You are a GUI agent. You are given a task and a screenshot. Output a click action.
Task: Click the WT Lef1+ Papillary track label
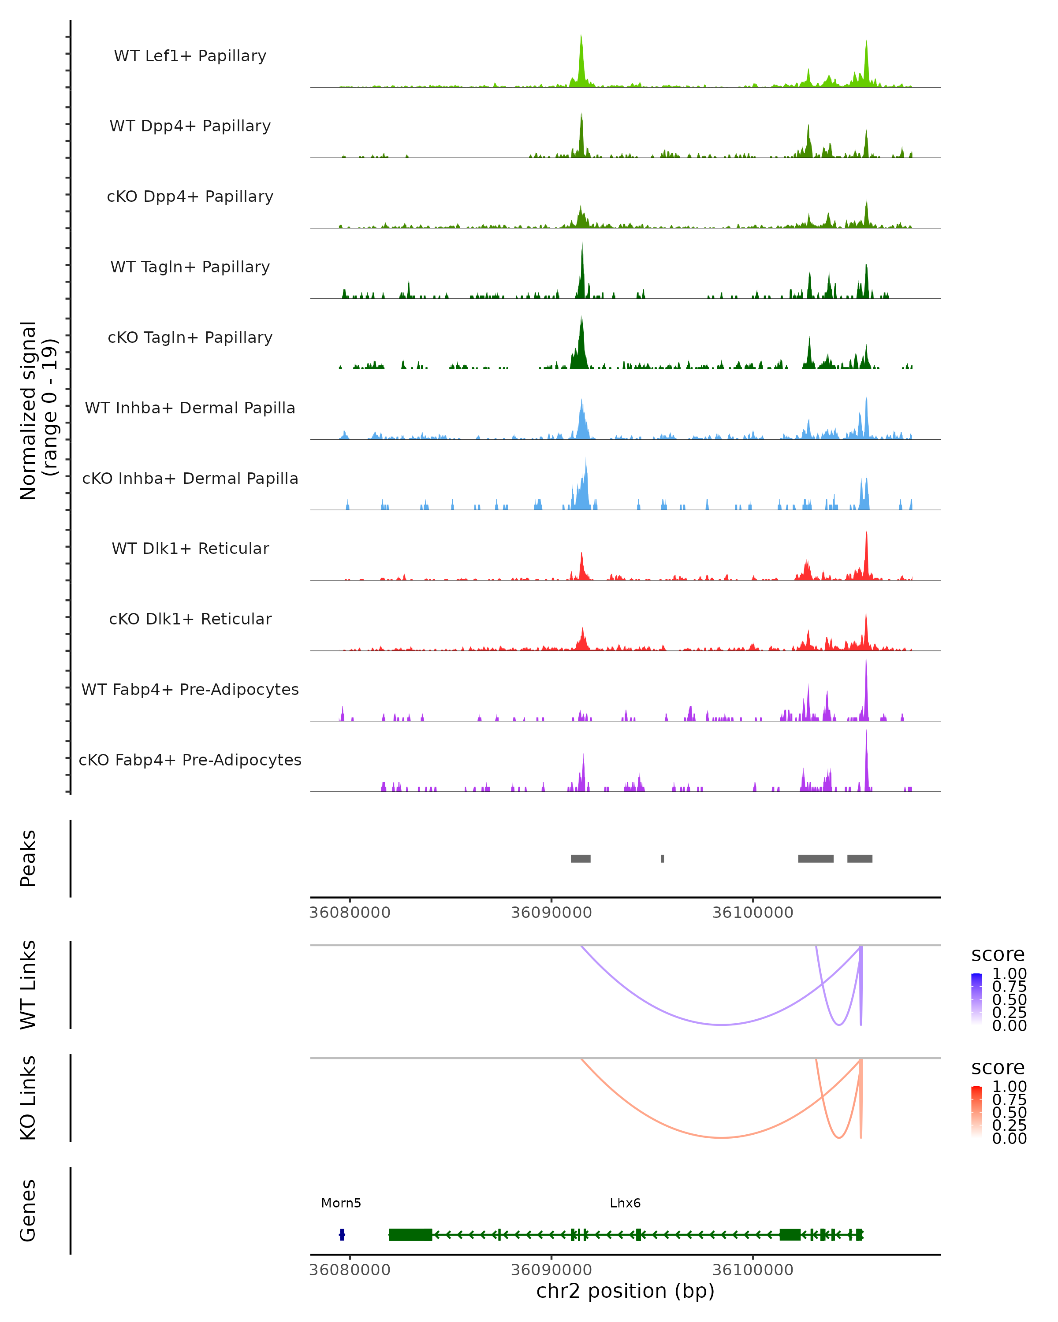[x=190, y=56]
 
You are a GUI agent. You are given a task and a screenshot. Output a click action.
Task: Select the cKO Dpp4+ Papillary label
[x=190, y=196]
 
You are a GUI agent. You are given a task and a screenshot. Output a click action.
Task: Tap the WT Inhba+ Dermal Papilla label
[x=190, y=408]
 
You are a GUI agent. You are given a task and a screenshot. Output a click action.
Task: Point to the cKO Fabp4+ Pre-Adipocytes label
[x=190, y=760]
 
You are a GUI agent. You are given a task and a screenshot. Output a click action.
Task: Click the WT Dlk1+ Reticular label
[x=190, y=548]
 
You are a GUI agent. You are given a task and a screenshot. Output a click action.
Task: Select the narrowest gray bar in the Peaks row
[x=663, y=858]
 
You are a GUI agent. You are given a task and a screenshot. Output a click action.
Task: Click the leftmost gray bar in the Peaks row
[x=580, y=858]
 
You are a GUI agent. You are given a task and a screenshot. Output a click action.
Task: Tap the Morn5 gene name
[x=341, y=1203]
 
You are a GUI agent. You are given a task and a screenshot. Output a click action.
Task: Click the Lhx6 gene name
[x=625, y=1203]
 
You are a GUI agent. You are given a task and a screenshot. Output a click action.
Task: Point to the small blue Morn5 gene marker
[x=342, y=1235]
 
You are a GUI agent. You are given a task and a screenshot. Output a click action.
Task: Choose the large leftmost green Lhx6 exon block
[x=410, y=1235]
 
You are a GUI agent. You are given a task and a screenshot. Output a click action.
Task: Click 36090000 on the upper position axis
[x=551, y=913]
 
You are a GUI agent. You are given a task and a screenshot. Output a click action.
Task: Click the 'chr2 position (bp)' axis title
[x=625, y=1291]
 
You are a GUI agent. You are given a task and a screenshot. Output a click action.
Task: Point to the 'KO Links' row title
[x=28, y=1098]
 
